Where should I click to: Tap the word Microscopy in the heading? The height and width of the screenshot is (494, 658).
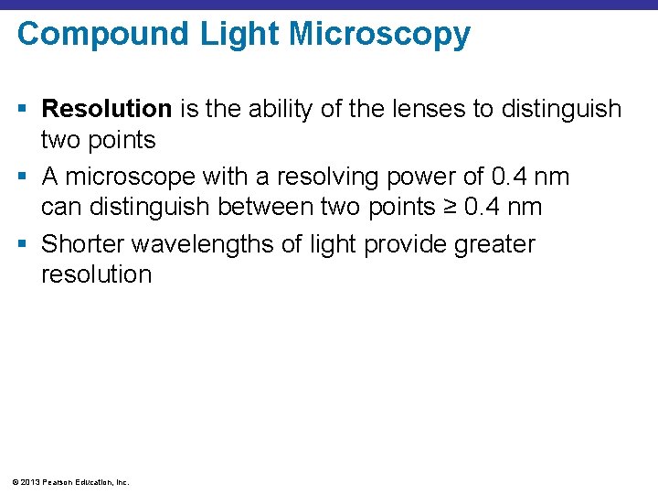tap(379, 35)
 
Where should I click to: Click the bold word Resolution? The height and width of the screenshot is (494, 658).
tap(107, 110)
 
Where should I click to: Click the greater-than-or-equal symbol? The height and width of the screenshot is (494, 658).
tap(448, 208)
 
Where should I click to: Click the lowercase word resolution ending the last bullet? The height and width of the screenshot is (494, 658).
tap(96, 274)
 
